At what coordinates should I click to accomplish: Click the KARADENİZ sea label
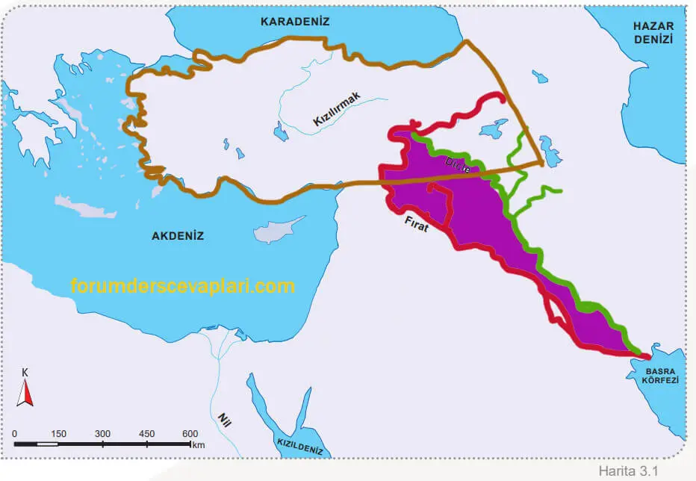294,22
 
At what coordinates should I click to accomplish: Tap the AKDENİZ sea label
178,235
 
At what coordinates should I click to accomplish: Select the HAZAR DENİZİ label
653,31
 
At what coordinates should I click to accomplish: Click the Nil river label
224,423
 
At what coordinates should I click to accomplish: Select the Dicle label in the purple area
458,165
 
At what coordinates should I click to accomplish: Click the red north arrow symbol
25,392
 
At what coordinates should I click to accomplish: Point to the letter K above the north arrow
25,372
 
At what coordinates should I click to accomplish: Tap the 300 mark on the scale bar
102,434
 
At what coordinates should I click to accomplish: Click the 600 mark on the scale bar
190,434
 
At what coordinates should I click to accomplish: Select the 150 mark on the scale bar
58,434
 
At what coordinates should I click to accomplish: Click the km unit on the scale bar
198,445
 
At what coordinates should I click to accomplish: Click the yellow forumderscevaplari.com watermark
183,286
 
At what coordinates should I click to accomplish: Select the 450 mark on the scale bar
146,434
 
